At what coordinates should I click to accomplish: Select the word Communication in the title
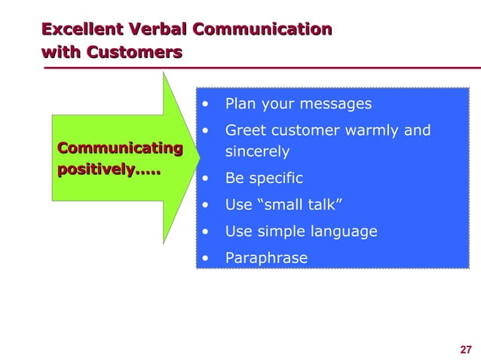pos(262,30)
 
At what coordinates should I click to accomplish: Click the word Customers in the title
pos(134,53)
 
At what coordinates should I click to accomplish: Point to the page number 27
pos(465,349)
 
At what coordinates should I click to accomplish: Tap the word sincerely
pos(257,151)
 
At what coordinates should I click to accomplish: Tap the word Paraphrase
pos(266,258)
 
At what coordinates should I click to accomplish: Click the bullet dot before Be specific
pos(205,179)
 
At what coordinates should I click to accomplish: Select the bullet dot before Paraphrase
pos(205,258)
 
